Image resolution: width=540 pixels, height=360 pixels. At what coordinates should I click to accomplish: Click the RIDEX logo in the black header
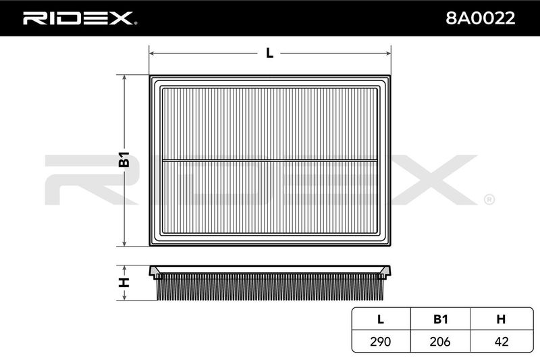pyautogui.click(x=80, y=18)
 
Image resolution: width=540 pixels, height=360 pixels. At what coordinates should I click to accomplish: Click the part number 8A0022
pyautogui.click(x=480, y=18)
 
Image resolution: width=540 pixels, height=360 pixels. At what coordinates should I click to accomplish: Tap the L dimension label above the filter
pyautogui.click(x=269, y=53)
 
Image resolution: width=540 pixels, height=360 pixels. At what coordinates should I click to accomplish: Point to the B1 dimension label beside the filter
pyautogui.click(x=124, y=159)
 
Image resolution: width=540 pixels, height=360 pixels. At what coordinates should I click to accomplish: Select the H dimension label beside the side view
pyautogui.click(x=124, y=282)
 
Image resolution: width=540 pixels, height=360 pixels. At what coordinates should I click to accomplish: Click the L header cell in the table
pyautogui.click(x=381, y=319)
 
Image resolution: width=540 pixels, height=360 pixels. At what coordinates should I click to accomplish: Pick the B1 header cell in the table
pyautogui.click(x=441, y=319)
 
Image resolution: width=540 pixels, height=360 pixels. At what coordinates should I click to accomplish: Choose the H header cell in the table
pyautogui.click(x=502, y=319)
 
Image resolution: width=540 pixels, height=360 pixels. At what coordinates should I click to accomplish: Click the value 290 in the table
pyautogui.click(x=381, y=341)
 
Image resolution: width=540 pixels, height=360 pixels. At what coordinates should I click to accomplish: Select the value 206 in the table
pyautogui.click(x=440, y=341)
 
